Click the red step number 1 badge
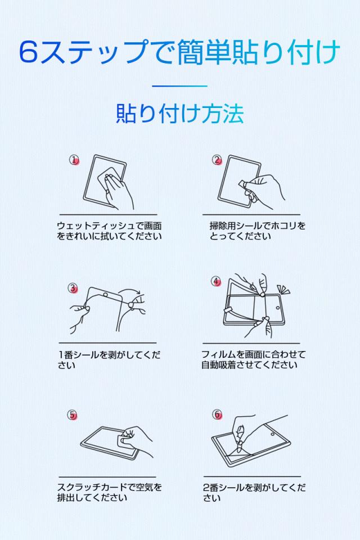click(74, 160)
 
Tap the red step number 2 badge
click(217, 160)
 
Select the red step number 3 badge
click(73, 288)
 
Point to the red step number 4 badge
click(216, 281)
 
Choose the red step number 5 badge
click(73, 415)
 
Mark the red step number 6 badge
click(217, 415)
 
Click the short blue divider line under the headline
click(179, 86)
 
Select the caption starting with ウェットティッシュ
click(109, 231)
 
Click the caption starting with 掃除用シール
click(257, 231)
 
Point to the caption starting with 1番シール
click(109, 360)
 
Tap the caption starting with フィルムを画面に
click(254, 359)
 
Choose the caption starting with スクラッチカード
click(109, 493)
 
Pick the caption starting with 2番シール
click(254, 493)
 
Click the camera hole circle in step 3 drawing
click(105, 295)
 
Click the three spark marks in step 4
click(283, 289)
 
